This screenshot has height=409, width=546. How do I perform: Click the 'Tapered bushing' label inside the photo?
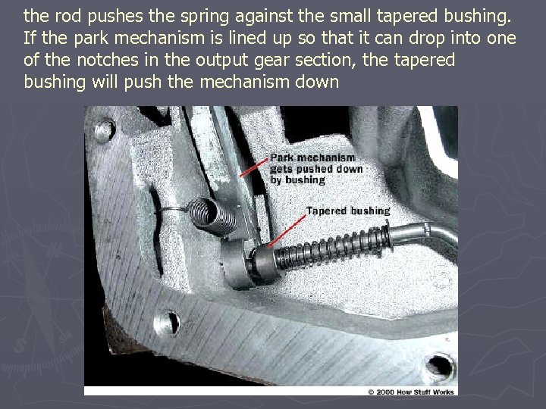tap(348, 211)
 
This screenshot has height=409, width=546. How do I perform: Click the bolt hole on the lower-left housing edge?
tap(170, 322)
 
